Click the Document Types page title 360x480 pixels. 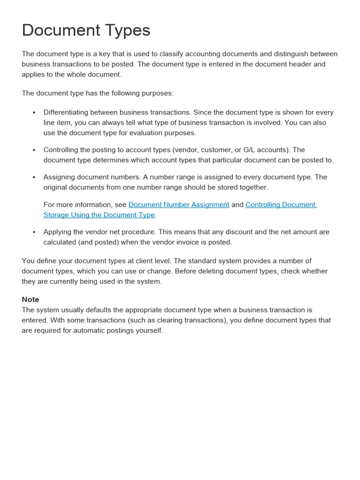[86, 30]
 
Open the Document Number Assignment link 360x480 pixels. [179, 205]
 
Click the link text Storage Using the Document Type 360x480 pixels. [99, 215]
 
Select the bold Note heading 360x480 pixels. [30, 300]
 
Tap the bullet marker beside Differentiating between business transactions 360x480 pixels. [34, 113]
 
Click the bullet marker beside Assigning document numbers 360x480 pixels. [34, 178]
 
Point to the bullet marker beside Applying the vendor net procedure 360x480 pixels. [34, 232]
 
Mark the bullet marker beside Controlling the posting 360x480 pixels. [34, 150]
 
